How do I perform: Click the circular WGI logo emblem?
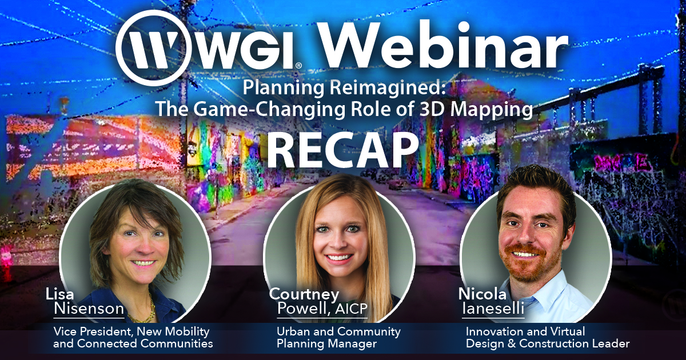[152, 48]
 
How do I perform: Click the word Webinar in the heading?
[440, 45]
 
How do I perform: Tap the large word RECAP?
[342, 151]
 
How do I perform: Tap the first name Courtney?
[304, 294]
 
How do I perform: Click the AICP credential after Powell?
[351, 309]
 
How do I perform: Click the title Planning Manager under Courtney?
[326, 343]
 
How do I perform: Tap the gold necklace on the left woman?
[145, 311]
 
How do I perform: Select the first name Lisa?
[59, 294]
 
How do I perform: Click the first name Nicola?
[482, 294]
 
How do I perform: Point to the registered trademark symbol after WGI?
[298, 65]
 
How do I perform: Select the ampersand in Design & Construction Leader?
[511, 343]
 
